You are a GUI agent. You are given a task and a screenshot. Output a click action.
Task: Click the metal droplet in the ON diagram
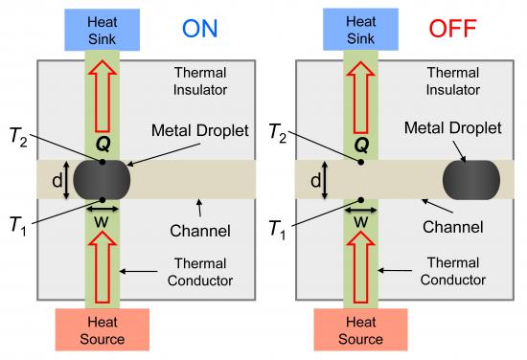pyautogui.click(x=102, y=180)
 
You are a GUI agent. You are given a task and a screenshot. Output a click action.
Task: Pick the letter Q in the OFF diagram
pyautogui.click(x=360, y=147)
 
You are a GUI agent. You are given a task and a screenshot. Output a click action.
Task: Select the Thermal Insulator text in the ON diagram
pyautogui.click(x=200, y=80)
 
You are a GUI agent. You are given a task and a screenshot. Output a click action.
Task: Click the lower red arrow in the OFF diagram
pyautogui.click(x=360, y=259)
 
